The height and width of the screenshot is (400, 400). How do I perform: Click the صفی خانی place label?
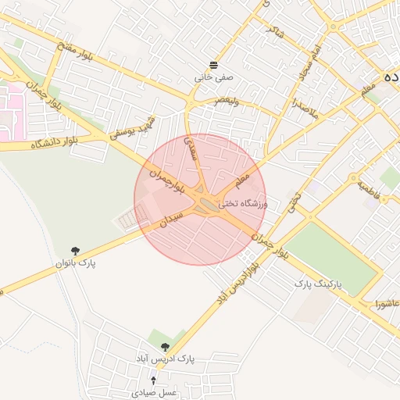click(x=214, y=78)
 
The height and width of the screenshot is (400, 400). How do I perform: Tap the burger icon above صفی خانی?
click(x=214, y=64)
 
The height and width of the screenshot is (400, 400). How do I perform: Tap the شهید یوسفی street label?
click(x=144, y=127)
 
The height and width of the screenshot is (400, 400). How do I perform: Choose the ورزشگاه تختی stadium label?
click(x=242, y=203)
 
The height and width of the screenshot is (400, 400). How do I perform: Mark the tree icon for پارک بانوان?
click(x=75, y=251)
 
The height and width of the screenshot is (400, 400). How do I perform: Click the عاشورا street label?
click(x=387, y=302)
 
